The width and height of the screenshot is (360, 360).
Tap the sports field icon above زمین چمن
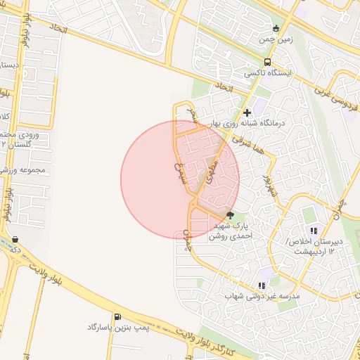[x=276, y=30]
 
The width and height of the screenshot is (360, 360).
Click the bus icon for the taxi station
[x=266, y=62]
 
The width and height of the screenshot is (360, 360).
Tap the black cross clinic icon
[x=247, y=112]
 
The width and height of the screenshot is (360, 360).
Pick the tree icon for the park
[x=231, y=215]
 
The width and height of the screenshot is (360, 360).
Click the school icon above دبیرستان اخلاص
[x=314, y=231]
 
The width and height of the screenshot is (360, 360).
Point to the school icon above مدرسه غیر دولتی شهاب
[x=262, y=285]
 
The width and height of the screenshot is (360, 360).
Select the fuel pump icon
[x=117, y=316]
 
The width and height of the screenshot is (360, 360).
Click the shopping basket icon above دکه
[x=15, y=239]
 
